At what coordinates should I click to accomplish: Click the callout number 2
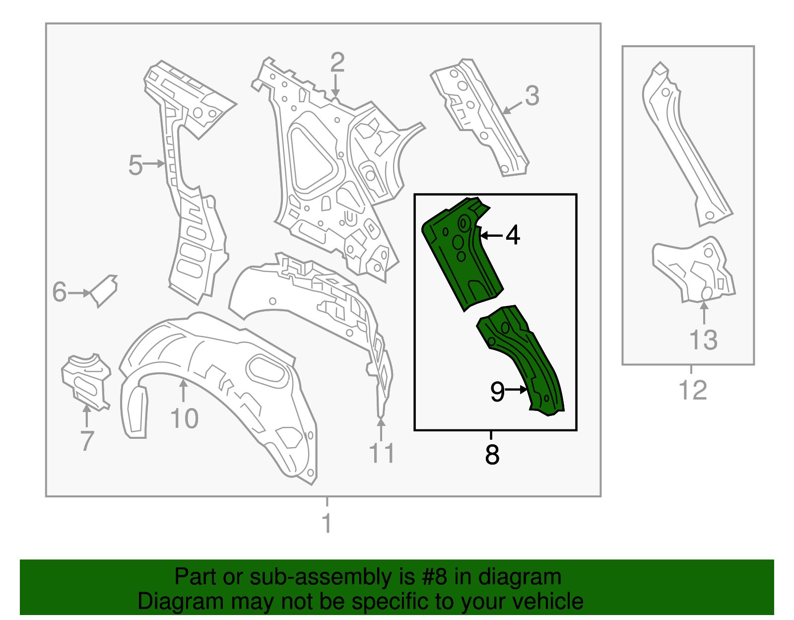point(337,63)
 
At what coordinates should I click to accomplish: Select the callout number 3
point(531,96)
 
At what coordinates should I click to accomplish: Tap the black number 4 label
point(513,235)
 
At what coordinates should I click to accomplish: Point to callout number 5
point(135,165)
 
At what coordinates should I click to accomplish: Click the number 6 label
point(60,292)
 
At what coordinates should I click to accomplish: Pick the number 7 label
point(87,441)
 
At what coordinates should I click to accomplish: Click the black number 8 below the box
point(492,454)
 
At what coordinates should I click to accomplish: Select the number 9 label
point(497,392)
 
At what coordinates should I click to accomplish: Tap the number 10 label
point(184,418)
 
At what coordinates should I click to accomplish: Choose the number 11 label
point(381,453)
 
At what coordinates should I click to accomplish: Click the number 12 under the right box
point(692,390)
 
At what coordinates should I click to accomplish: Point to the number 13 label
point(703,340)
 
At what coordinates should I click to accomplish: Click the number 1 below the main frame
point(327,523)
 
